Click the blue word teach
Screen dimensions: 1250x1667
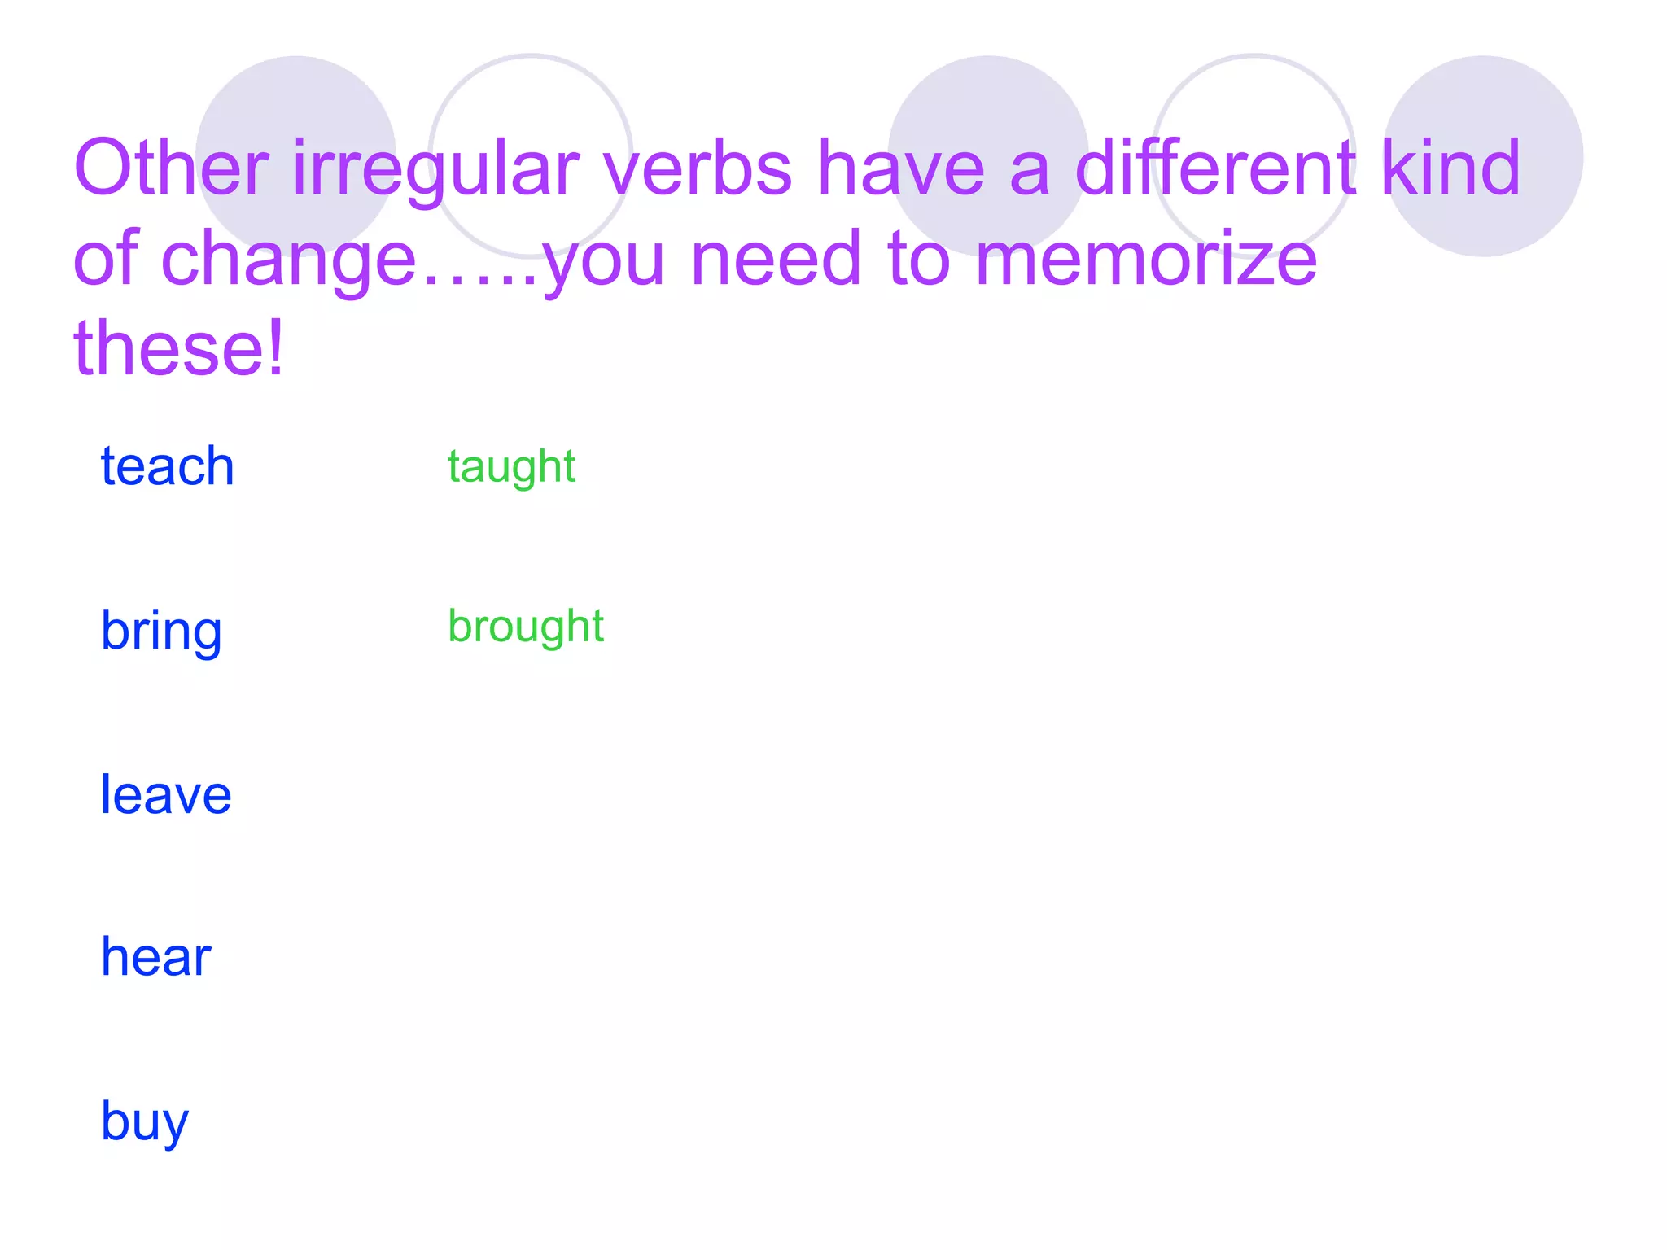pyautogui.click(x=167, y=466)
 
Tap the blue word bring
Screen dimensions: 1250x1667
pyautogui.click(x=161, y=631)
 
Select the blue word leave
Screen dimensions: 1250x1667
pyautogui.click(x=165, y=795)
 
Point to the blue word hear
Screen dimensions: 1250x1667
pyautogui.click(x=155, y=957)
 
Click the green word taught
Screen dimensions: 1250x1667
pyautogui.click(x=511, y=467)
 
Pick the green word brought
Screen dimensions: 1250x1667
pyautogui.click(x=526, y=627)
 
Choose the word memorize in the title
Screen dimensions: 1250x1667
pyautogui.click(x=1145, y=259)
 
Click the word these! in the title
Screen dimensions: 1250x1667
pyautogui.click(x=178, y=347)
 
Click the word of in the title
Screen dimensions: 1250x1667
pyautogui.click(x=106, y=259)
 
